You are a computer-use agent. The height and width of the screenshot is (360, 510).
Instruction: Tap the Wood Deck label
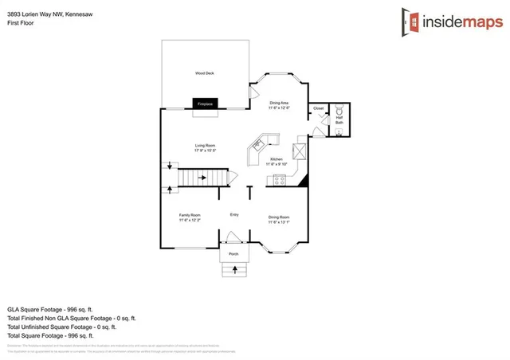point(204,73)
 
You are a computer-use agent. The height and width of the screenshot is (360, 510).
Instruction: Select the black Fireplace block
point(204,104)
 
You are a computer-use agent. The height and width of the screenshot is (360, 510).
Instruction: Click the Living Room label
point(206,146)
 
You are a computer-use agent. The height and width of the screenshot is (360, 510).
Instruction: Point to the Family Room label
point(190,217)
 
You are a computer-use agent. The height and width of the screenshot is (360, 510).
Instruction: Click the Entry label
point(234,214)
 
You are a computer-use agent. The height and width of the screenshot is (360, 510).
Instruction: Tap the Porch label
point(233,253)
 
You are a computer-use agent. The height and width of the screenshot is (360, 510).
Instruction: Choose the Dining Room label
point(278,217)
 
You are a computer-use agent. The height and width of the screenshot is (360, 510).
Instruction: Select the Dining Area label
point(279,103)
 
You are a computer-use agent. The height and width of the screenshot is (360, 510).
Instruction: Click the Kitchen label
point(277,159)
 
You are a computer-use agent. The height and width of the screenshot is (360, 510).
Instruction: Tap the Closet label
point(318,108)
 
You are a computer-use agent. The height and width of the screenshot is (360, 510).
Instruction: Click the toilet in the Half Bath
point(339,110)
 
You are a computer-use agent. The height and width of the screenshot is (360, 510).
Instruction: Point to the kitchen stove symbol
point(280,179)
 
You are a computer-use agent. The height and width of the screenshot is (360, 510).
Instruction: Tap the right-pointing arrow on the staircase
point(202,178)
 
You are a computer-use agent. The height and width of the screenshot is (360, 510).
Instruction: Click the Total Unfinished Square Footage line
point(62,327)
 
